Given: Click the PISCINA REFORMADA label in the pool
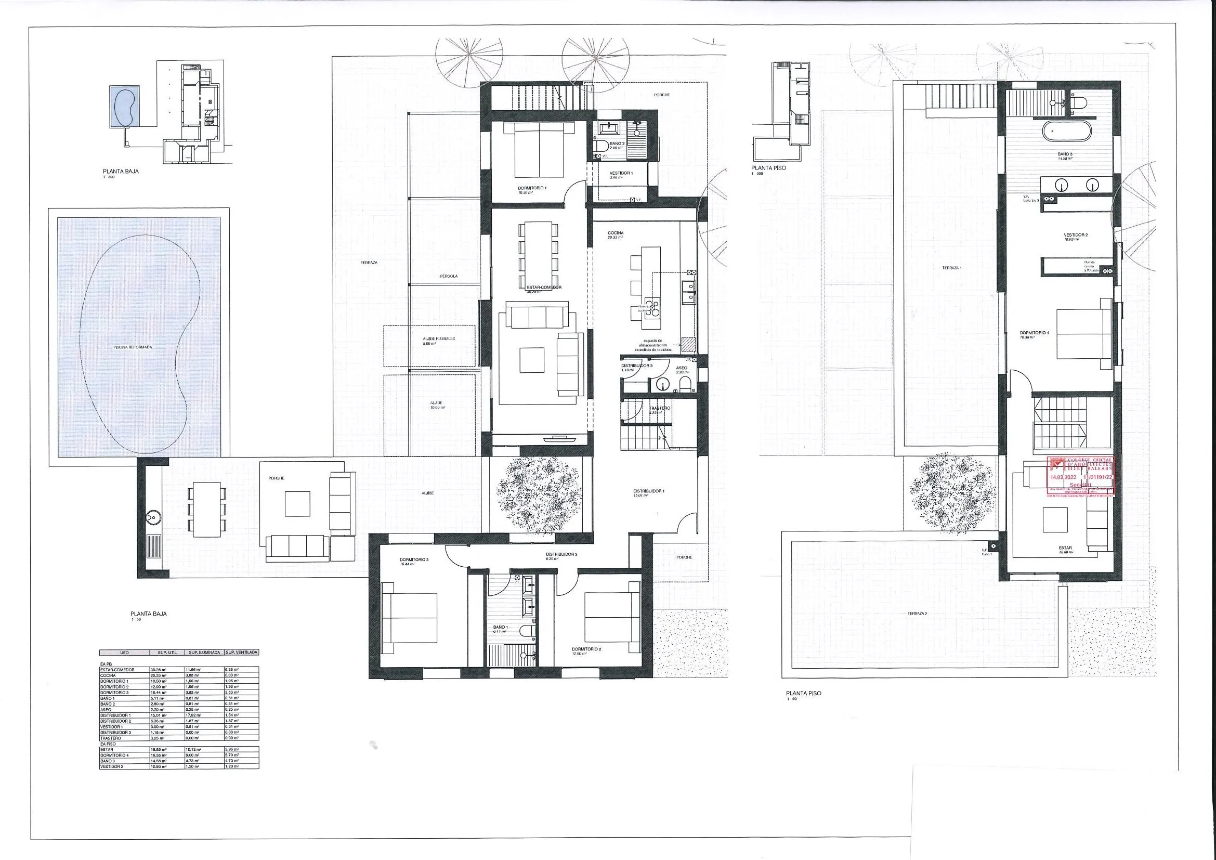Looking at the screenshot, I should [133, 347].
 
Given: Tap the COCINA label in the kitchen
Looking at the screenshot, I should [616, 233].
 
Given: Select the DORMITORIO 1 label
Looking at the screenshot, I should [532, 188].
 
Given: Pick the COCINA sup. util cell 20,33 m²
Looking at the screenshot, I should [159, 675].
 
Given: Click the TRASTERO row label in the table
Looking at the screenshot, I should [110, 738].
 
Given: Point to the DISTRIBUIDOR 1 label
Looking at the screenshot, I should [649, 491].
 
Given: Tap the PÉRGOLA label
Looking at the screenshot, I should [448, 277].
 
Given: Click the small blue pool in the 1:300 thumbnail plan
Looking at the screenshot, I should [125, 107].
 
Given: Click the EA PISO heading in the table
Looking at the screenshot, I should [108, 744].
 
